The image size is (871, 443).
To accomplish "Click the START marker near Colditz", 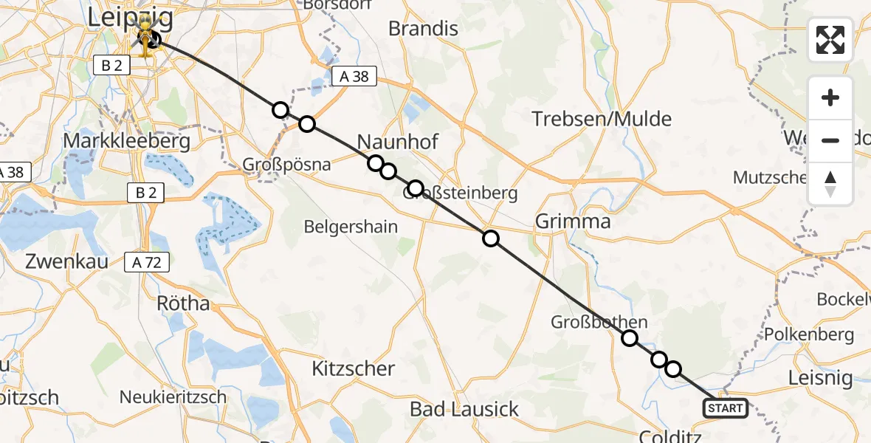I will tap(726, 408).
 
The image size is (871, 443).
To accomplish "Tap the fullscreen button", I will tap(830, 40).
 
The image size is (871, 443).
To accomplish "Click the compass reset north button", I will tap(830, 184).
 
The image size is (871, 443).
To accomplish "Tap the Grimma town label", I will tap(573, 221).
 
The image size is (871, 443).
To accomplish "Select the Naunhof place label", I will tap(388, 141).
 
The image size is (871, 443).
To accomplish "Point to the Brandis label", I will tap(423, 29).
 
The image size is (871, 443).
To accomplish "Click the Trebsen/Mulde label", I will tap(602, 119).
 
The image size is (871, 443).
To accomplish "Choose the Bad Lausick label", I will tap(464, 409).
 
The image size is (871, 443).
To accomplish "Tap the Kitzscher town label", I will tap(353, 368).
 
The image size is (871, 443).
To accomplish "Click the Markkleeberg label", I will tap(127, 140).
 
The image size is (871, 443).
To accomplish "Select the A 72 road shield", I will tap(147, 261).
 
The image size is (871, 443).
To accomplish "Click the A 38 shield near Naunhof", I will tap(354, 75).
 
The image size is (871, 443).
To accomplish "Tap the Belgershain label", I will tap(351, 227).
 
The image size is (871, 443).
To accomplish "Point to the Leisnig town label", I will tap(820, 378).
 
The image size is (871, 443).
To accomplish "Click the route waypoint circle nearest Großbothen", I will tap(630, 338).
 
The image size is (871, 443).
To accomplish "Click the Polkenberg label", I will tap(808, 334).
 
